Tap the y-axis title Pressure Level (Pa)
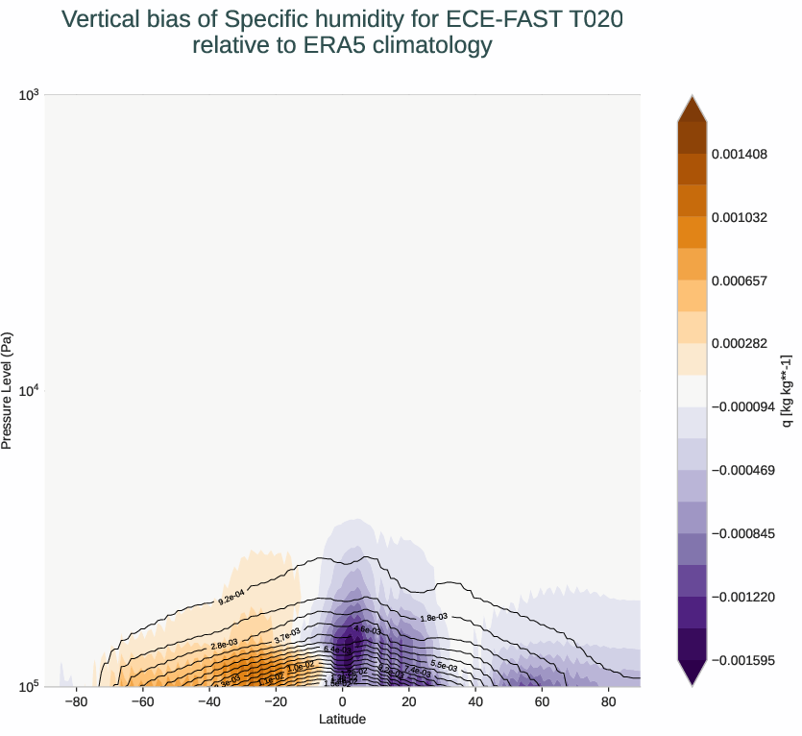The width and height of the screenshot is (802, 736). click(8, 391)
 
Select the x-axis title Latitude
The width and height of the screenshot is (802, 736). click(342, 719)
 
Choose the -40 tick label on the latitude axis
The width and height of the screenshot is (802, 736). click(209, 701)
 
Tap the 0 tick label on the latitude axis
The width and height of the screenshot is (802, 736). click(343, 701)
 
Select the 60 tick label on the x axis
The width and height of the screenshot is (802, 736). click(542, 701)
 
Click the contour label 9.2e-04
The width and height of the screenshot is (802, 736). click(232, 599)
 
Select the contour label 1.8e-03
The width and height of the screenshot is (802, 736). click(435, 618)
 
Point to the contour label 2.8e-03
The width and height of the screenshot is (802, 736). click(224, 644)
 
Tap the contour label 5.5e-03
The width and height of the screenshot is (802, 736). click(444, 665)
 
